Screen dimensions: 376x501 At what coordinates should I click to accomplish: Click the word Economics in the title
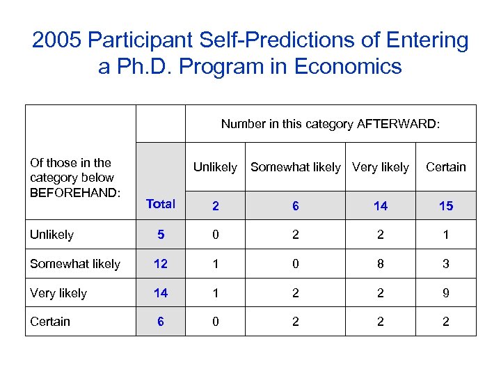click(348, 67)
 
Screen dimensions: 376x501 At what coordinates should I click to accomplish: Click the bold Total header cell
click(161, 204)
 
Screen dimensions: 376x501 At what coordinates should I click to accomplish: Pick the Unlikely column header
click(215, 167)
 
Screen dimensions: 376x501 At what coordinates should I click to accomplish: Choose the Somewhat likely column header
click(296, 167)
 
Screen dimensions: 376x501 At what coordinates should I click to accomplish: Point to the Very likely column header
click(381, 167)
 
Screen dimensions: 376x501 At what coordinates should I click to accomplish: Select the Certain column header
click(446, 167)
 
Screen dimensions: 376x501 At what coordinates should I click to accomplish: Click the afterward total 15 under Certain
click(446, 205)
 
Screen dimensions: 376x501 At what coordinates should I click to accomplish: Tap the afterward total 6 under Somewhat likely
click(296, 205)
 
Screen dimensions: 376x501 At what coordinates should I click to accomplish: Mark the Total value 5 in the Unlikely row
click(161, 235)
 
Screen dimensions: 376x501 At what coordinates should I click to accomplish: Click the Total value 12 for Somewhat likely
click(161, 264)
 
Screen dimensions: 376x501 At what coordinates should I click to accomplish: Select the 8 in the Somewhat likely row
click(381, 264)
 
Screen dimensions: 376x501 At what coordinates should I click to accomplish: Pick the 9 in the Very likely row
click(446, 293)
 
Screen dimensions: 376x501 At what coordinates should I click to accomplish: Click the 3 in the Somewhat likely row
click(446, 264)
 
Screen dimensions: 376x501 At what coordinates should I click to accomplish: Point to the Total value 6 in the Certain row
click(161, 321)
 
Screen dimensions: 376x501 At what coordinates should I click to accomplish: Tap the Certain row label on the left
click(50, 321)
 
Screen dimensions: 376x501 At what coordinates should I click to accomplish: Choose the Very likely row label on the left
click(58, 293)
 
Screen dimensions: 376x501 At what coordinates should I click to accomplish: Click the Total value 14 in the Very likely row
click(161, 293)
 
